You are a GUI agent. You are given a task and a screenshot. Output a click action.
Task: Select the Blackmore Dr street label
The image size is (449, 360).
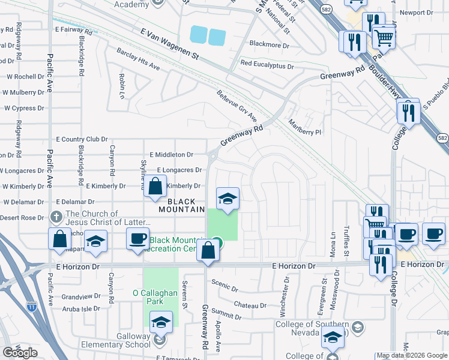tap(269, 44)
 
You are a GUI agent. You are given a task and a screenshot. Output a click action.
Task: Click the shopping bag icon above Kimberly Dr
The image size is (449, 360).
tap(155, 186)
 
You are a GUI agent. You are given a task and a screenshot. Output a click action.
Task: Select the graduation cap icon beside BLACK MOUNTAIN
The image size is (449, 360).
tap(228, 199)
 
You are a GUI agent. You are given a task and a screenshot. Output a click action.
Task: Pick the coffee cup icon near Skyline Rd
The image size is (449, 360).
tap(137, 238)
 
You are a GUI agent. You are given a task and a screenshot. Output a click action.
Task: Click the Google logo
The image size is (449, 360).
tap(20, 353)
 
